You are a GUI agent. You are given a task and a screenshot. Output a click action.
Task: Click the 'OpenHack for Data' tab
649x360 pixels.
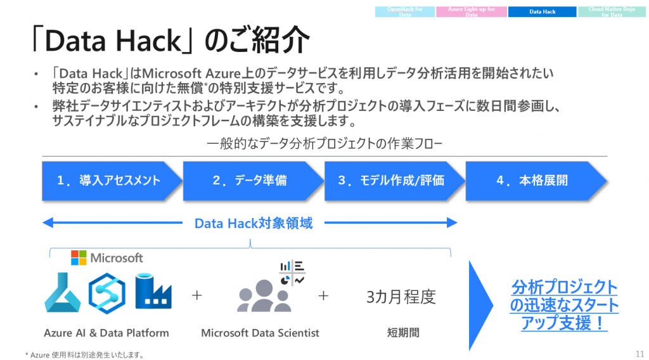(405, 11)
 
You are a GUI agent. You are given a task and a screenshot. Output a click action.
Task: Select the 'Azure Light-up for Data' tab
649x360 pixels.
(472, 11)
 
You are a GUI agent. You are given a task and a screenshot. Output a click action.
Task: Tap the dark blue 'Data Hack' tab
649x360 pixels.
(542, 11)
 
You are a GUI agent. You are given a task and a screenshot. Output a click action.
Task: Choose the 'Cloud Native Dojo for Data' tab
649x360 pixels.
(612, 11)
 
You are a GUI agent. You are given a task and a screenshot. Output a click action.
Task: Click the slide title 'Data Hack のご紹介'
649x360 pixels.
(170, 41)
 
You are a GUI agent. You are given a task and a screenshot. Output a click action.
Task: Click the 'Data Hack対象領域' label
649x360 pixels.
(253, 223)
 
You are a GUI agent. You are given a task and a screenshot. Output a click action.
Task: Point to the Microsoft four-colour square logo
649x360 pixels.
(79, 258)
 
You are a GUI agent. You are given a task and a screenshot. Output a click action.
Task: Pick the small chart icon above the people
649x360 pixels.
(292, 272)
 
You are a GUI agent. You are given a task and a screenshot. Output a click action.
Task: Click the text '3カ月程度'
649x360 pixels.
(401, 297)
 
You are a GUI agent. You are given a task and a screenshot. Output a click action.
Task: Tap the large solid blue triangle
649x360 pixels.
(480, 297)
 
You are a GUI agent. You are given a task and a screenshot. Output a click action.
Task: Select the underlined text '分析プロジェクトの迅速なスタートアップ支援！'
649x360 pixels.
(564, 305)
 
